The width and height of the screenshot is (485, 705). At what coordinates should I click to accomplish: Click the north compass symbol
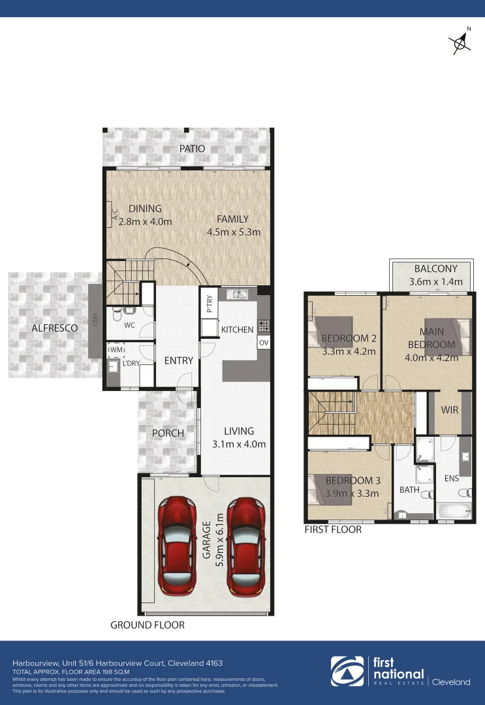(462, 42)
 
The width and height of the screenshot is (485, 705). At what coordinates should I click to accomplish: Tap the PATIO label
(192, 149)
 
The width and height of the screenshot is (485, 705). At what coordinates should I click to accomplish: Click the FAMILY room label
(233, 219)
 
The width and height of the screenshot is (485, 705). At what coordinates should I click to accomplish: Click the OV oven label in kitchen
(264, 343)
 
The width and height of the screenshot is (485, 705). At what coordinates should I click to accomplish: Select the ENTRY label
(178, 360)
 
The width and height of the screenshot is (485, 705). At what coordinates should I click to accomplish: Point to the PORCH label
(168, 433)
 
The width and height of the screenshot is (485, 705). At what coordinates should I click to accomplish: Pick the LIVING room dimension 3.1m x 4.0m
(239, 445)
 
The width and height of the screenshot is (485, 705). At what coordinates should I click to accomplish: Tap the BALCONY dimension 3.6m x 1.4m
(435, 282)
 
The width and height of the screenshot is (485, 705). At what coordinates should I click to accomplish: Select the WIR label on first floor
(450, 411)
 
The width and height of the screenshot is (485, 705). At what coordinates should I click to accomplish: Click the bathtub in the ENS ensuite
(453, 510)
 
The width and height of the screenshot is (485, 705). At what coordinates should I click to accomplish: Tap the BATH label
(409, 489)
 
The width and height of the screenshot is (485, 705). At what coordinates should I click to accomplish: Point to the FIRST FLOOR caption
(333, 529)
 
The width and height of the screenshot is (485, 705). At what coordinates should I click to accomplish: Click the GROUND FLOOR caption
(148, 625)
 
